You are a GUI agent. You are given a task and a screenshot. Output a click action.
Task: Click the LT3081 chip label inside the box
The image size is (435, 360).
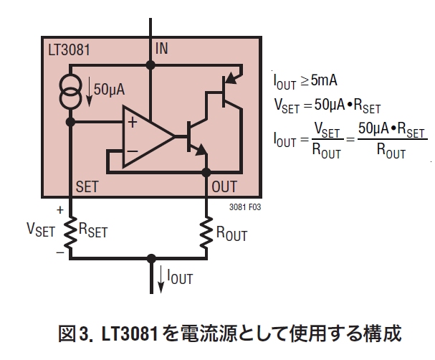[69, 50]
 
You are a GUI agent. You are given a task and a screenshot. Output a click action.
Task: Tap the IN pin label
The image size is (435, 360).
[162, 49]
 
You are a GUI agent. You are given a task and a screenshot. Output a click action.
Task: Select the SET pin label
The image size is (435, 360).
[87, 186]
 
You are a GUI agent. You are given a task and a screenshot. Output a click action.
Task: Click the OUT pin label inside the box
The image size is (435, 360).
[224, 186]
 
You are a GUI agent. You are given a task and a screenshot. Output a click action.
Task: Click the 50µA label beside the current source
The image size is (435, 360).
[110, 90]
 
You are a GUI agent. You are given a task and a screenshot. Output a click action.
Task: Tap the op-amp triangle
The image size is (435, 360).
[148, 136]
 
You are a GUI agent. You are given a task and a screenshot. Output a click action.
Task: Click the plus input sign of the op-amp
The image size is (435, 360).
[133, 123]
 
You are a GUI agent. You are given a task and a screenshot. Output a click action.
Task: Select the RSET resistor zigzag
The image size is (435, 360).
[70, 233]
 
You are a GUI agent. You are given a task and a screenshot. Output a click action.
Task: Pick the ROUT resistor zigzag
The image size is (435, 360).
[206, 233]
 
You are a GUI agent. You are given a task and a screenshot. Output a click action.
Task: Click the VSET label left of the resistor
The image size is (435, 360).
[41, 230]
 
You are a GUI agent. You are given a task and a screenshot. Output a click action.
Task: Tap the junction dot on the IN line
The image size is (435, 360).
[150, 65]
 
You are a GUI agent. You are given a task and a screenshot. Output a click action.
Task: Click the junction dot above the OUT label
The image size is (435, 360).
[206, 172]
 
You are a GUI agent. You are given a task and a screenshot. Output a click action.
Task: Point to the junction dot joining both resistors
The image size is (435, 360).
[151, 258]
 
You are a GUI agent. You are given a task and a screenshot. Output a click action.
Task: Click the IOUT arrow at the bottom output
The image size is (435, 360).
[161, 280]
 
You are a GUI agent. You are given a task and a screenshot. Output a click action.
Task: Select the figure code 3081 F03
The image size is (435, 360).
[245, 207]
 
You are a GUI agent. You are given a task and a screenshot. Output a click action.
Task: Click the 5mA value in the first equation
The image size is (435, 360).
[324, 80]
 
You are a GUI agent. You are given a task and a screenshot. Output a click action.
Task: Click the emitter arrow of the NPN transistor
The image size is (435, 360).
[201, 150]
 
